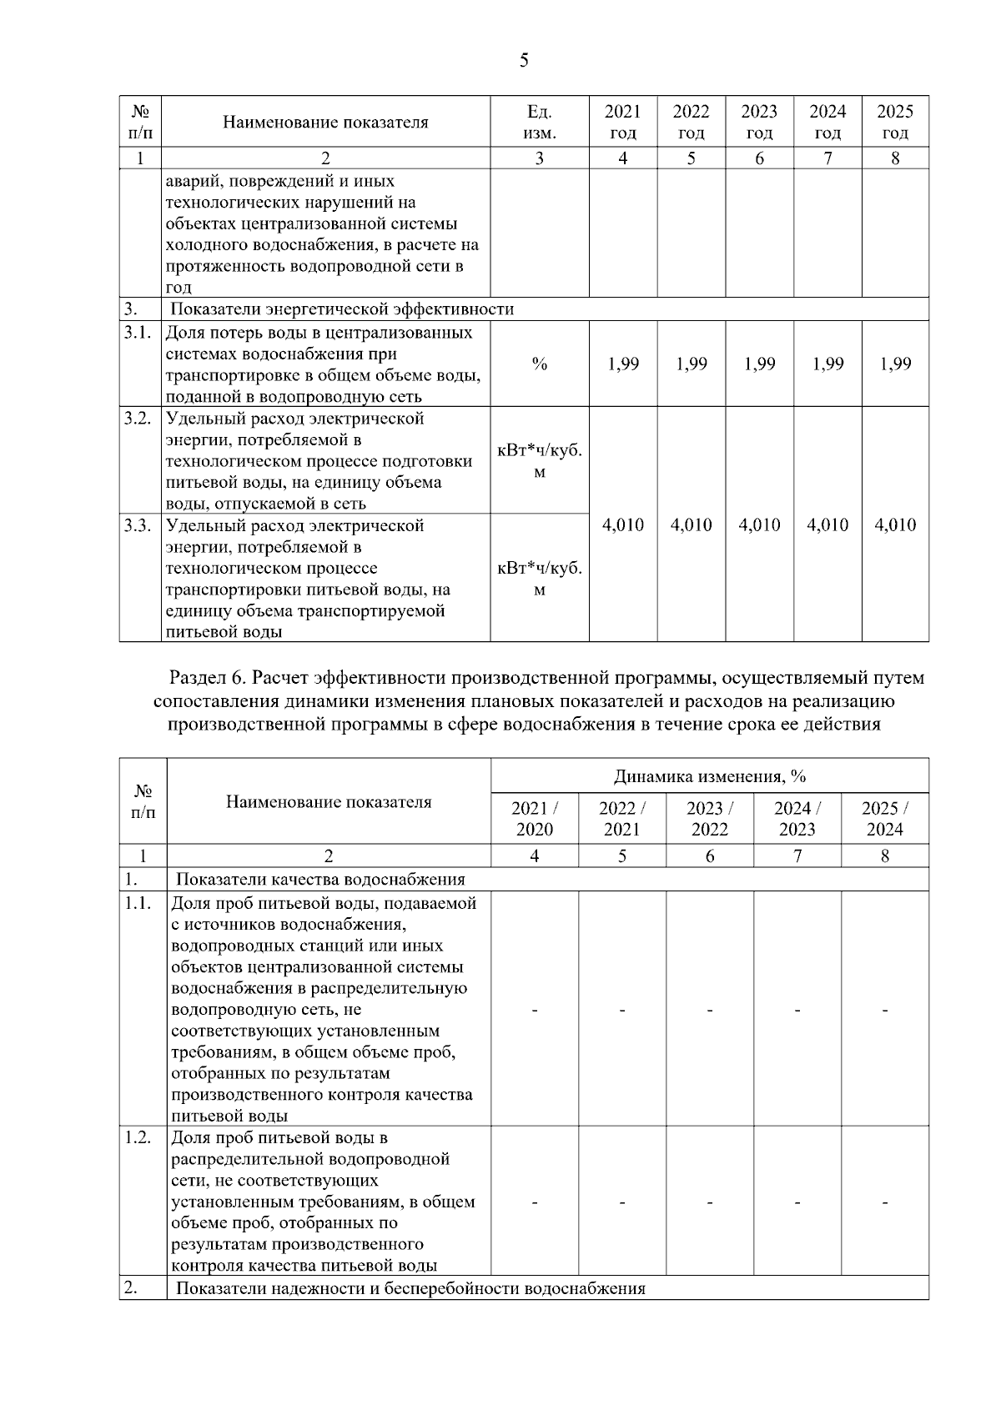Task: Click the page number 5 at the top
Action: coord(523,60)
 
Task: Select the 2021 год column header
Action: coord(622,122)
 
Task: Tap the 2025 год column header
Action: coord(895,122)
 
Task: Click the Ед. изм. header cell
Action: coord(539,122)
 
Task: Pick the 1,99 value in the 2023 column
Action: coord(759,364)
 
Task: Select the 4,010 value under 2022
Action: coord(691,524)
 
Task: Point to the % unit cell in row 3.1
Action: coord(539,364)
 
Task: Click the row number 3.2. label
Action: coord(138,418)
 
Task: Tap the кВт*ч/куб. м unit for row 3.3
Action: coord(539,579)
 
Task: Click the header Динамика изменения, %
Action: coord(709,776)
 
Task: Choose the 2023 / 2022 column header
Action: coord(709,818)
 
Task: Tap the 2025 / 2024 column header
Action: coord(884,818)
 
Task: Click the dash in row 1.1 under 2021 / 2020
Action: coord(535,1010)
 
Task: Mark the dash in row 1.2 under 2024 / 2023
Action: coord(797,1202)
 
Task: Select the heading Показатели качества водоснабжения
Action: coord(320,879)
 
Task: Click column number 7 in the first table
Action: coord(827,158)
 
